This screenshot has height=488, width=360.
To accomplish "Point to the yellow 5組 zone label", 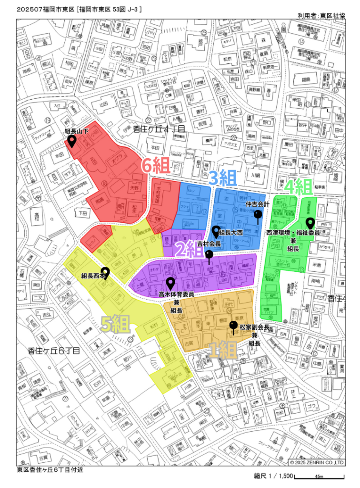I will (x=115, y=324).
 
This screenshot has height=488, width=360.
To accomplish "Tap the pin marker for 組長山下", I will (x=72, y=141).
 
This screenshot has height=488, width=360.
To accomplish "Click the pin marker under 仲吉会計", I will (x=258, y=216).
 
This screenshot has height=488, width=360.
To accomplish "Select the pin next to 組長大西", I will (x=216, y=231).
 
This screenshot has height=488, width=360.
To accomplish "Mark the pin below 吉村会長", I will (x=209, y=255).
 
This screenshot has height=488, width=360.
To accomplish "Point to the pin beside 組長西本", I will (x=106, y=273).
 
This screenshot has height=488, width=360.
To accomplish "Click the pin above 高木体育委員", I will (x=170, y=283).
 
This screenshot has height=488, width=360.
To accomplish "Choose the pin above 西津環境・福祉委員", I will (x=310, y=223).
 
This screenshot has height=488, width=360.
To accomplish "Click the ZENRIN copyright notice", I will (x=317, y=462).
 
